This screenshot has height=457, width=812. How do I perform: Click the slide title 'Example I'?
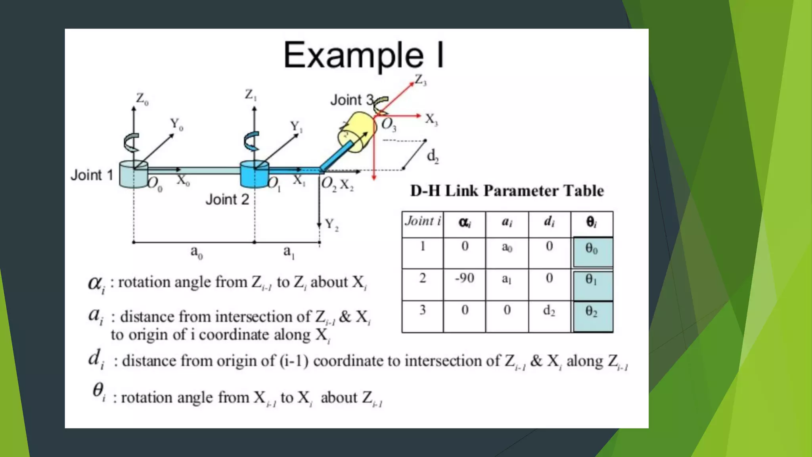pos(364,56)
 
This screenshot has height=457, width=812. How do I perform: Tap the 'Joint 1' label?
pos(92,175)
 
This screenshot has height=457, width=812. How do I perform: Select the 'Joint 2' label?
pos(227,199)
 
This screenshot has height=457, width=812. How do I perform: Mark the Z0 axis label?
pos(142,99)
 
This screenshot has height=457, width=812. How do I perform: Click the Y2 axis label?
pos(331,225)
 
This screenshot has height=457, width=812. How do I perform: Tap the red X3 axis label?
pos(431,119)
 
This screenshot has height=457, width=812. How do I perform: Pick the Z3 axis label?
pos(421,80)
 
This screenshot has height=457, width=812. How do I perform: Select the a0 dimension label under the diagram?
pos(196,252)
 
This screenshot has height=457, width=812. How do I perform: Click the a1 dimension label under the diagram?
pos(289,252)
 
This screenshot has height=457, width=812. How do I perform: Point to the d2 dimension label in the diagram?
pos(433,156)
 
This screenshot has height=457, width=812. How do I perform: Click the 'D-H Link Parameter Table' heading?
pos(507,191)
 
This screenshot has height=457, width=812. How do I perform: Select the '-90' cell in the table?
pos(464,278)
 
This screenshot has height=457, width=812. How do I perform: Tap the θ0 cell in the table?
pos(592,251)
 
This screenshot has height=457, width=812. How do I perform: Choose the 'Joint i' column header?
pos(423,221)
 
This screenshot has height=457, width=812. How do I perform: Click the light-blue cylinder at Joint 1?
pos(133,175)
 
